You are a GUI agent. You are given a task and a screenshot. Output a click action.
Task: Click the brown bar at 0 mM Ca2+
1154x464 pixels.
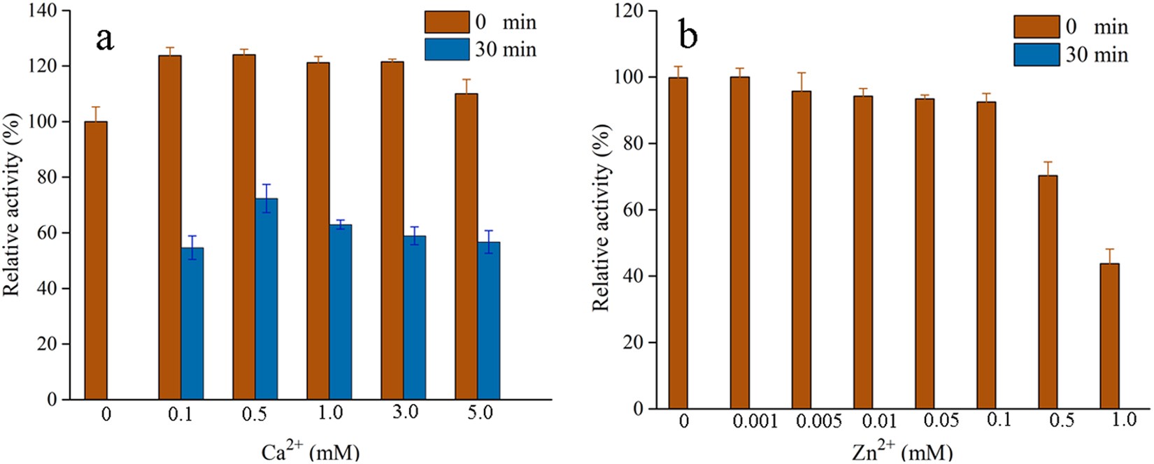[96, 260]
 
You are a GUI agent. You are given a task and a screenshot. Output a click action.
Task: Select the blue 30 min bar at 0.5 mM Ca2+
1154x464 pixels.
[266, 299]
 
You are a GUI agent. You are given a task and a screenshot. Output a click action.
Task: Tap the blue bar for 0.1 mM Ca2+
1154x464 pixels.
[192, 324]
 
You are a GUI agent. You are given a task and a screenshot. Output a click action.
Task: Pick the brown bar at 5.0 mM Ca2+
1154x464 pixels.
[466, 246]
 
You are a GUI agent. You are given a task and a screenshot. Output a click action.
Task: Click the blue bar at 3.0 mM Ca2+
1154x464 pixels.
[415, 317]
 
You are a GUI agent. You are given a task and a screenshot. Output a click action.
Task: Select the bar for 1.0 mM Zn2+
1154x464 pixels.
[1109, 336]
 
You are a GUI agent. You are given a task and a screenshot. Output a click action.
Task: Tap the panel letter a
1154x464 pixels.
[104, 38]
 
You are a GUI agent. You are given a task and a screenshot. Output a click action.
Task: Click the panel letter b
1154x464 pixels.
[688, 36]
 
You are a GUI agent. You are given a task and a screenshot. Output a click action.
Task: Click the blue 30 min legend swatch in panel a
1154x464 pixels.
[447, 50]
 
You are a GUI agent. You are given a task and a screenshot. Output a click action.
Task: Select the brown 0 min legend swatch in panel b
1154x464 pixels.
[1037, 27]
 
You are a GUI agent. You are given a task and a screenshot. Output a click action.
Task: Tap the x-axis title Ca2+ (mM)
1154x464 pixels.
[311, 452]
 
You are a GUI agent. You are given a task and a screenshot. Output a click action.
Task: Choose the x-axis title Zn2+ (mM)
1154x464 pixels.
[902, 451]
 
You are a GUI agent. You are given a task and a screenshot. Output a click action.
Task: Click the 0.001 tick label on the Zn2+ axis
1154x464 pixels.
[755, 421]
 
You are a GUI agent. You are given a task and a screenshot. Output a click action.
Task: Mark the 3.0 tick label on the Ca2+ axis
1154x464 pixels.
[405, 413]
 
